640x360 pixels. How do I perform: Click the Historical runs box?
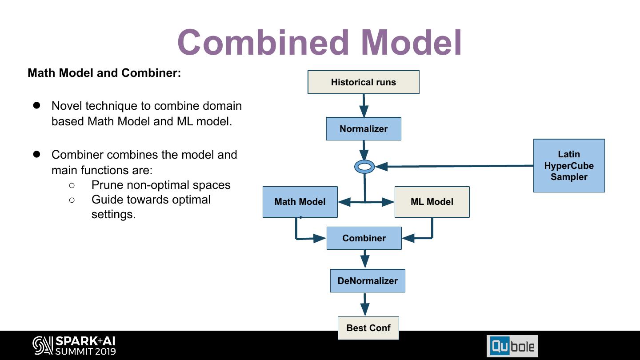coord(363,82)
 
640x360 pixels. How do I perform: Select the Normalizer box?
coord(364,129)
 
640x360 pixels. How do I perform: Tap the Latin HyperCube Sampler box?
coord(569,165)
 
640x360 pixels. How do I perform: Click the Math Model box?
coord(300,202)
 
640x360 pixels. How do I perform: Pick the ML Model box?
coord(432,202)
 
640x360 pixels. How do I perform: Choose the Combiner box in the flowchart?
coord(364,238)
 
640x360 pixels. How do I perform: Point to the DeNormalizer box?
coord(368,281)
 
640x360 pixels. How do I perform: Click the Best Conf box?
coord(368,328)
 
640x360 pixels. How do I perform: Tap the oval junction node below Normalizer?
coord(364,167)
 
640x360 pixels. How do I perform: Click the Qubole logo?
coord(512,346)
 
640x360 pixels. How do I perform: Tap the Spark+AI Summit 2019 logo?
coord(74,346)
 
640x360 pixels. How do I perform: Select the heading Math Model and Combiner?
coord(104,73)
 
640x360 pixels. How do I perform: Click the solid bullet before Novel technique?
coord(36,105)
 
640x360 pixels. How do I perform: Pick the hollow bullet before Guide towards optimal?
coord(72,200)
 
